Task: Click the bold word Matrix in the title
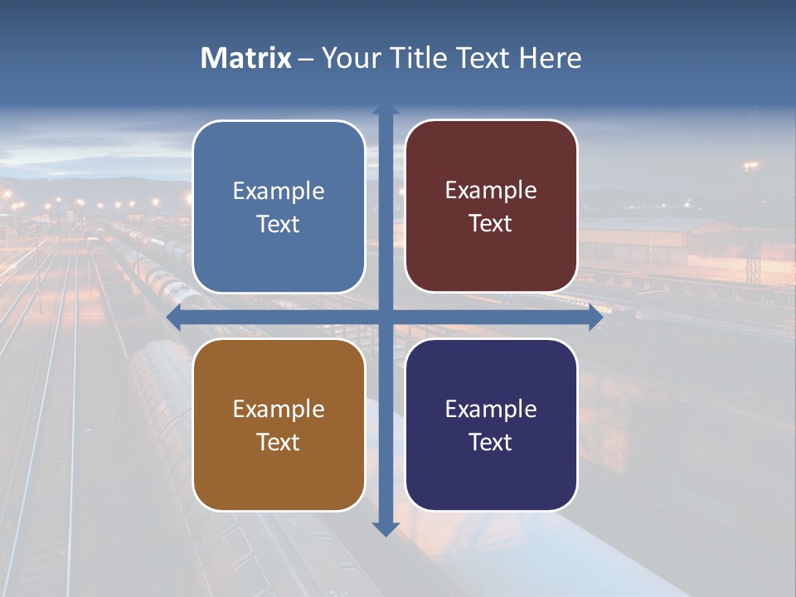246,58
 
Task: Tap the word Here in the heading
551,58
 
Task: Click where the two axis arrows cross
386,318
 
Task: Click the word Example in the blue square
279,192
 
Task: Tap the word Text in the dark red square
491,224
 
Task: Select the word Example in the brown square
279,410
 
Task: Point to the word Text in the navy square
491,442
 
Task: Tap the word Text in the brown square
279,442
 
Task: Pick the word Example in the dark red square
491,191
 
